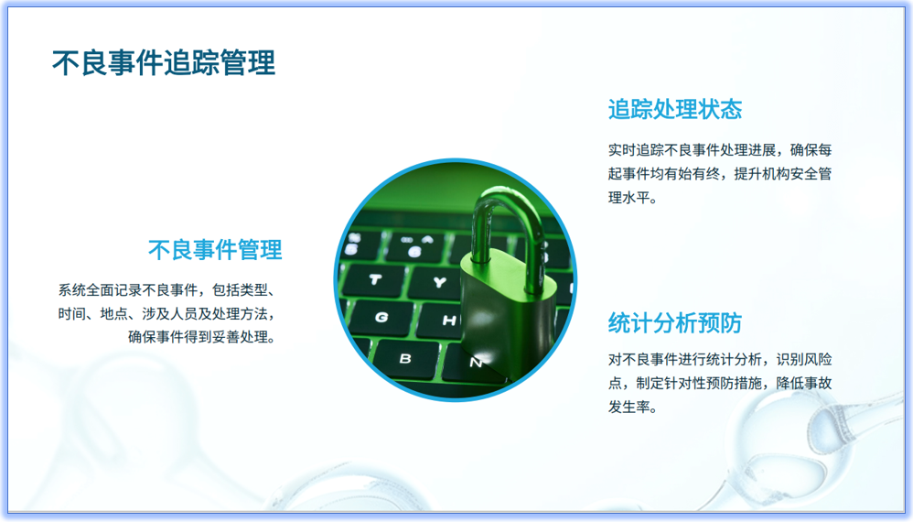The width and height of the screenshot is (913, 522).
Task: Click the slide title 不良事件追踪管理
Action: point(164,63)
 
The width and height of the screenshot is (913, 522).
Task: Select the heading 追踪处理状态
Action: point(674,110)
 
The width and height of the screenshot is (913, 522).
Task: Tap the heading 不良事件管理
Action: point(215,249)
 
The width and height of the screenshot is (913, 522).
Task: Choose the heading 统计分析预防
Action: point(674,322)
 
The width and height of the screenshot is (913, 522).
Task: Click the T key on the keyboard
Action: point(376,278)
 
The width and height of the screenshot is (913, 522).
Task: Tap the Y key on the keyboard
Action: point(440,282)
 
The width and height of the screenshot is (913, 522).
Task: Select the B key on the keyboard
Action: point(405,357)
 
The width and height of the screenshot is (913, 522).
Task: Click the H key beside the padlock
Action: point(448,321)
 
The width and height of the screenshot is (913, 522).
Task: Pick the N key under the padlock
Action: point(475,363)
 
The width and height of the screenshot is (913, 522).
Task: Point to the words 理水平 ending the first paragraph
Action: point(633,197)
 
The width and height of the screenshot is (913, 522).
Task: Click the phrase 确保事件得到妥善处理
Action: point(201,336)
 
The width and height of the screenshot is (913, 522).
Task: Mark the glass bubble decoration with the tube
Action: point(832,430)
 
